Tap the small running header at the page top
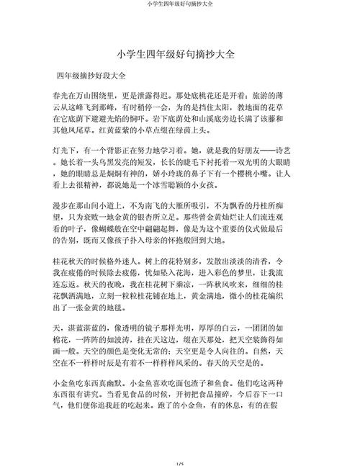[180, 4]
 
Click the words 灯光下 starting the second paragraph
[66, 152]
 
